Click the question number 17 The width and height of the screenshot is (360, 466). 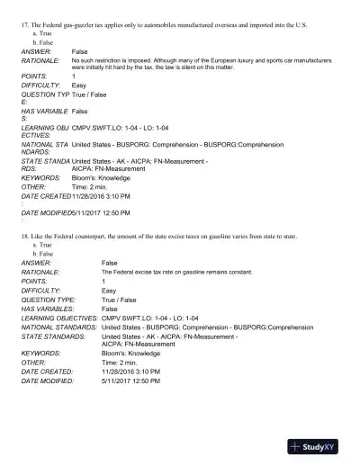26,25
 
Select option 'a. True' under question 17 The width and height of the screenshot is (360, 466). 41,33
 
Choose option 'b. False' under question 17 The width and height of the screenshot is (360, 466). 42,42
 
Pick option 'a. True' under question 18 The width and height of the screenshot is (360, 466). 41,244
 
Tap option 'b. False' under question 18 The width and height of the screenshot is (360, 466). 42,252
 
